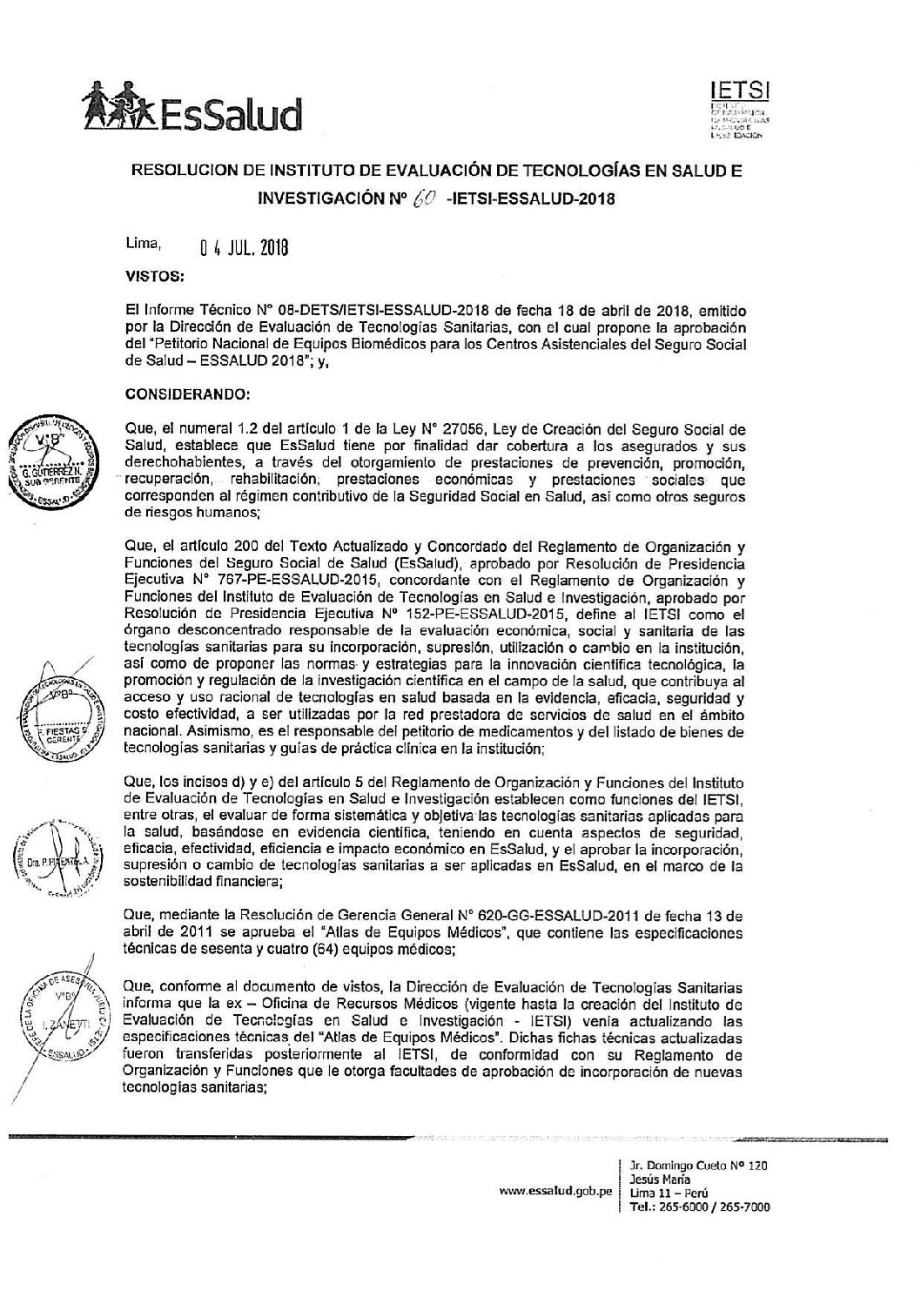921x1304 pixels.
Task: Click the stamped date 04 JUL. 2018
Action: pyautogui.click(x=244, y=250)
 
